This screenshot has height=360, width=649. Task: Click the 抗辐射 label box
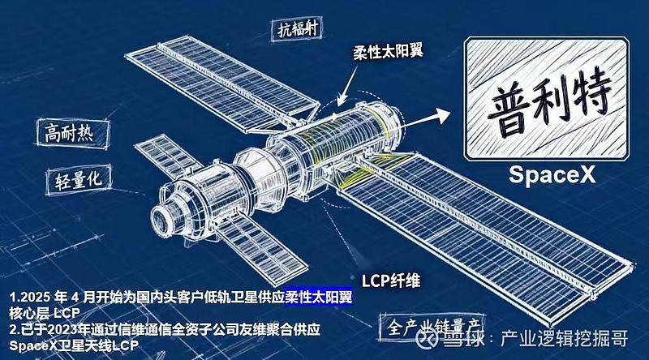296,29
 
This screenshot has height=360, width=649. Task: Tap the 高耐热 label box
73,133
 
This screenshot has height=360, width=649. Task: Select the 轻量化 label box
79,179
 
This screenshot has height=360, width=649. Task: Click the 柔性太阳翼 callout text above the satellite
388,52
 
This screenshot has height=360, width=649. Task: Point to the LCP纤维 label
391,281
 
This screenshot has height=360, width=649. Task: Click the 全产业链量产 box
432,327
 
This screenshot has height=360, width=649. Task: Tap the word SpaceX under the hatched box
552,174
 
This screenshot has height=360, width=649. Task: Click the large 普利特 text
547,101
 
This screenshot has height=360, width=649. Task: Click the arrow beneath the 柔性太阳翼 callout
347,86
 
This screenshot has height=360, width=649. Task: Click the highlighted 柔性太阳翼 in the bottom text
319,297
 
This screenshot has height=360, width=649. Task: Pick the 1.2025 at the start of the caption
28,298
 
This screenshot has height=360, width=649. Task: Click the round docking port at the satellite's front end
165,219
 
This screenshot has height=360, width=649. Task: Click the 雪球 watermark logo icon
428,338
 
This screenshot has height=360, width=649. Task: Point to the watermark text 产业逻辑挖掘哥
565,338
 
